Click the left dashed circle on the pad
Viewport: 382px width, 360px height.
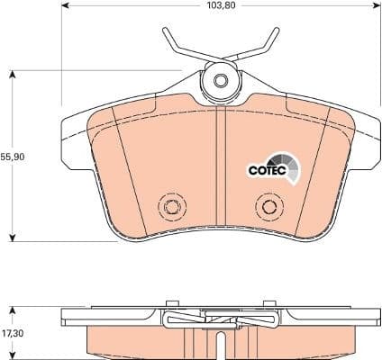click(169, 207)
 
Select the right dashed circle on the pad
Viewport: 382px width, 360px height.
click(267, 207)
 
